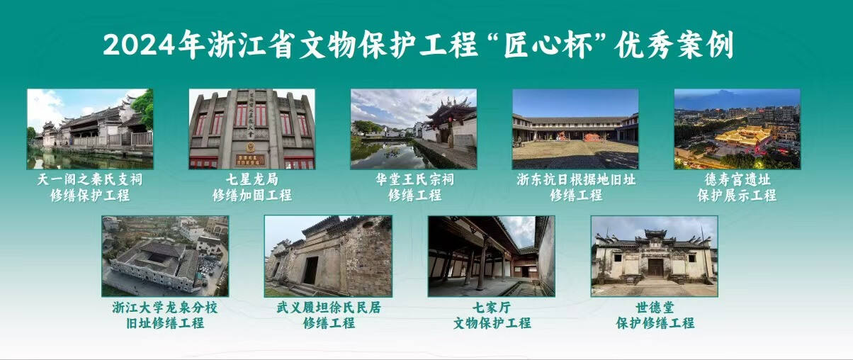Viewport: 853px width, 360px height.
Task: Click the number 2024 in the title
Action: coord(139,45)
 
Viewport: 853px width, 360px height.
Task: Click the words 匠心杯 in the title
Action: coord(549,45)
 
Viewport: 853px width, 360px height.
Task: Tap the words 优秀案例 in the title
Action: coord(674,45)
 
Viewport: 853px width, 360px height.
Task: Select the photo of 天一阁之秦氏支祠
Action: coord(90,129)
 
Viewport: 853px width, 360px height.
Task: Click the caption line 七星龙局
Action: coord(252,179)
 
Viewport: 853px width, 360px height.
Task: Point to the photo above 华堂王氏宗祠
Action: coord(414,129)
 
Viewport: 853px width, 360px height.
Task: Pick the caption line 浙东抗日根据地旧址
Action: coord(576,179)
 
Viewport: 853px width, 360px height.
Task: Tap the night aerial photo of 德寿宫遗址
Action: coord(738,129)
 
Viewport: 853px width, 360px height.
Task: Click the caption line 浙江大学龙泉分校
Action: coord(165,307)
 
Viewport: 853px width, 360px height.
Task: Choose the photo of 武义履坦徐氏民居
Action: coord(328,257)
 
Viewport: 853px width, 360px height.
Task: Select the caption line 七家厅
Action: coord(492,307)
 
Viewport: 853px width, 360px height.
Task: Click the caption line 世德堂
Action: coord(655,307)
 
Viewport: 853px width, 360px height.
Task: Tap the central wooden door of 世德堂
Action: coord(656,267)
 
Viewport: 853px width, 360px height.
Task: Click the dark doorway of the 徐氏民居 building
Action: coord(311,270)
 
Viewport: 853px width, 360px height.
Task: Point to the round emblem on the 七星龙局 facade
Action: coord(250,146)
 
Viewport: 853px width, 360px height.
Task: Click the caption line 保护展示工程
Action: coord(737,195)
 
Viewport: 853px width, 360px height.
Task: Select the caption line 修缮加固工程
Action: coord(252,195)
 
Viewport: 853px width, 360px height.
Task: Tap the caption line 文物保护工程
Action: coord(492,323)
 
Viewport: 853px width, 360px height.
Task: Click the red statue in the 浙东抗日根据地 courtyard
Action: coord(592,137)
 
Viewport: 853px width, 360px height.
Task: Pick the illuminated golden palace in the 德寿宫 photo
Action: coord(742,136)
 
